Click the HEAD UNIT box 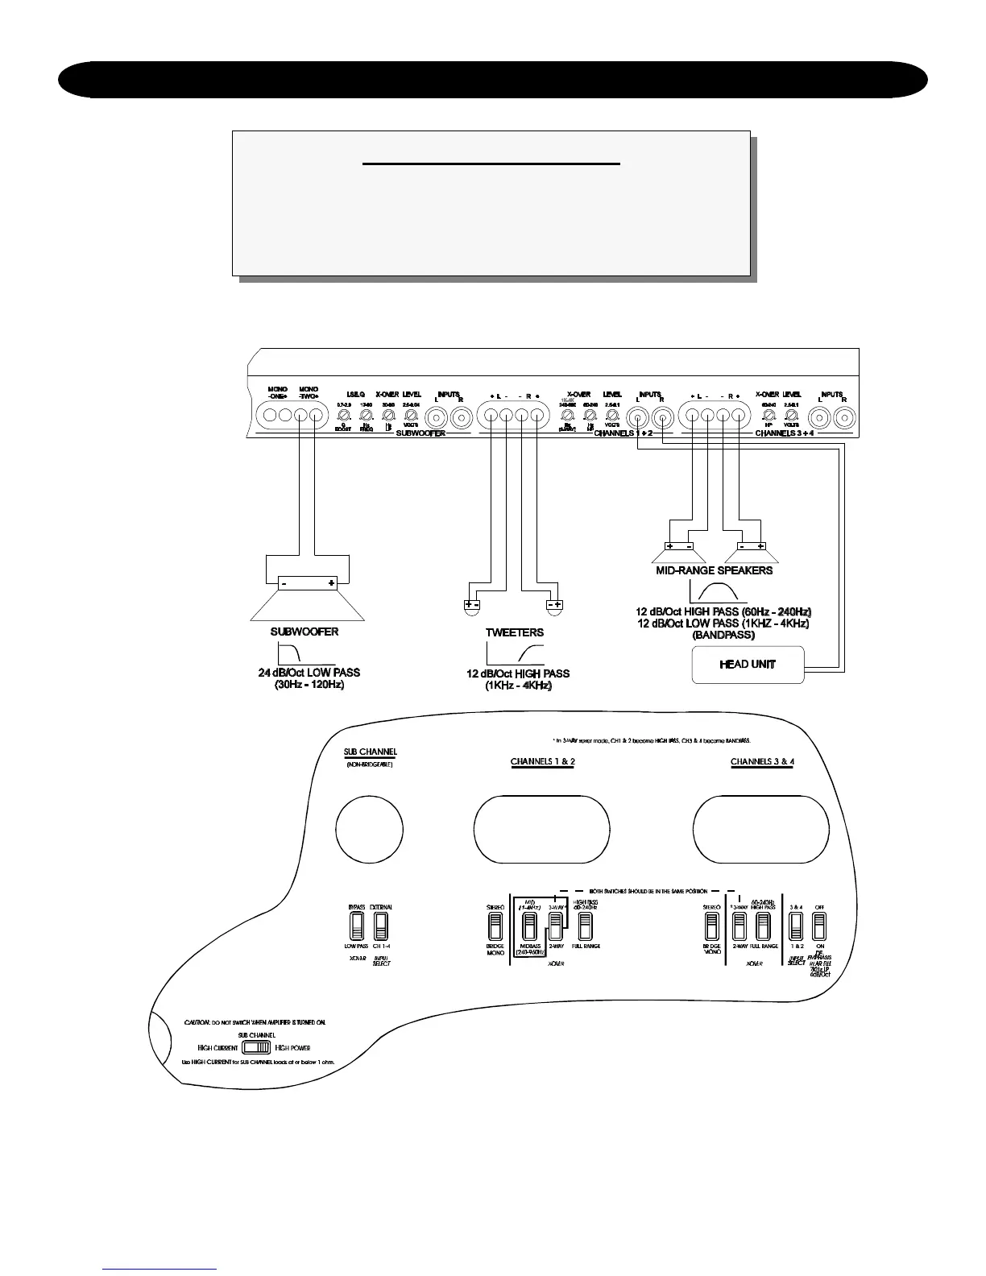coord(748,665)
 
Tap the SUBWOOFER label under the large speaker coord(304,632)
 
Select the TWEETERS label coord(514,632)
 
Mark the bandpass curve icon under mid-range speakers coord(723,594)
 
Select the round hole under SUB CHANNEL coord(369,828)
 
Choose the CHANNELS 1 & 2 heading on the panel coord(542,762)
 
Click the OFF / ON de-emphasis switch coord(820,926)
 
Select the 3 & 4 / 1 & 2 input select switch coord(796,926)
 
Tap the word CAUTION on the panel coord(197,1021)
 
